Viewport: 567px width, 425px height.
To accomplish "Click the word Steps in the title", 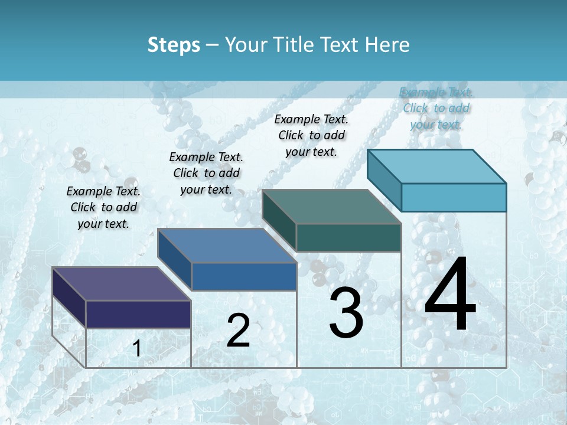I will (x=173, y=45).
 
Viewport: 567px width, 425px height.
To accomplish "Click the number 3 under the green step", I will (x=346, y=313).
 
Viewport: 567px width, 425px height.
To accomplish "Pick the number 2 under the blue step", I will (x=238, y=331).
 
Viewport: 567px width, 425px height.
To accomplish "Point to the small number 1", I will (x=136, y=349).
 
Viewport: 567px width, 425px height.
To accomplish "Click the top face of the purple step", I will (x=121, y=283).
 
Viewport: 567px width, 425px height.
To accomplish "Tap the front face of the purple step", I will (x=138, y=314).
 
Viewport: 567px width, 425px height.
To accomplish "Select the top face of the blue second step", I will (x=227, y=245).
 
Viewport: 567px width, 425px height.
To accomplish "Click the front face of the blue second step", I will (x=244, y=276).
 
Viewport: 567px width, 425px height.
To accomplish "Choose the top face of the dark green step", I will (x=331, y=207).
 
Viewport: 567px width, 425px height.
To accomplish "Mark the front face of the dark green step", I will (x=348, y=237).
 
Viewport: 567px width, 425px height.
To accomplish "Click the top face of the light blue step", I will (x=436, y=166).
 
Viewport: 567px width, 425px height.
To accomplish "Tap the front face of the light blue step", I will (x=454, y=197).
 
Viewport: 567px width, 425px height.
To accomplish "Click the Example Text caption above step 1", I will (x=103, y=207).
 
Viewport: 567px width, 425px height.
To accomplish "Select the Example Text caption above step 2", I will (x=206, y=173).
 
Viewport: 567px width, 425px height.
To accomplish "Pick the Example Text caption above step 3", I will (x=311, y=135).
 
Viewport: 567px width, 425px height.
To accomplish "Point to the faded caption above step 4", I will (x=436, y=108).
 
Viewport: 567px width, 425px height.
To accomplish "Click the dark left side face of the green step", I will (x=279, y=221).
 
